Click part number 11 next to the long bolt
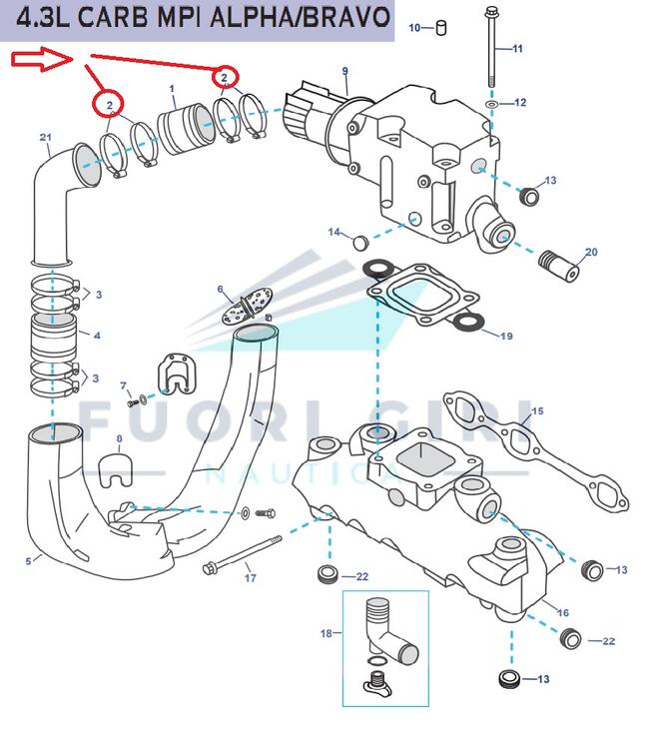517,48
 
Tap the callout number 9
344,71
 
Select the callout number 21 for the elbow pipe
45,137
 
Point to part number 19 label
506,337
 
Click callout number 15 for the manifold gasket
537,410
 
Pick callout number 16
563,612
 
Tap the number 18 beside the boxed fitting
324,632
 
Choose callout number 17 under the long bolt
251,577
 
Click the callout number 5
28,561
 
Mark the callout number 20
591,253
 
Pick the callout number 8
119,438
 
